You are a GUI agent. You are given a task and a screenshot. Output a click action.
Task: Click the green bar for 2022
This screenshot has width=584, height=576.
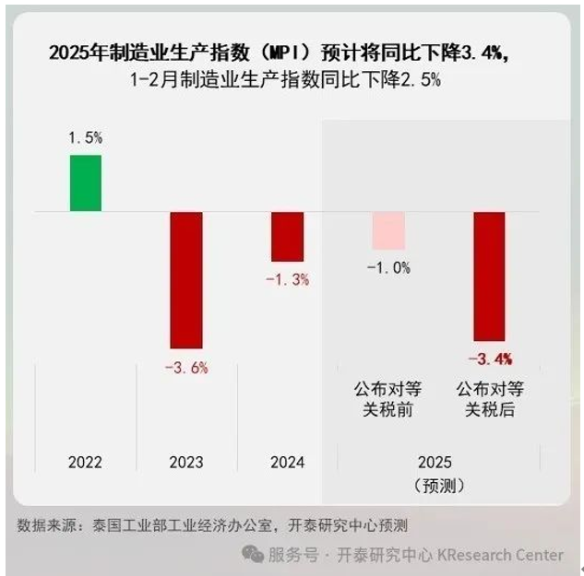tap(86, 183)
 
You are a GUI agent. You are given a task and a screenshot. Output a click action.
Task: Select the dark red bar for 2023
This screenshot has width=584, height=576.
tap(185, 279)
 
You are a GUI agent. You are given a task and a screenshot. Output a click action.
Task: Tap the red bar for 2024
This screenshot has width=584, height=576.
tap(287, 237)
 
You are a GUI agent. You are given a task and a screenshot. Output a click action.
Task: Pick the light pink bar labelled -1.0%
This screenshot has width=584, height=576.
tap(388, 230)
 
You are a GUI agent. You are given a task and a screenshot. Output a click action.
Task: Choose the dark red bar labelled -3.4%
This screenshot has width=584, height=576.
tap(489, 276)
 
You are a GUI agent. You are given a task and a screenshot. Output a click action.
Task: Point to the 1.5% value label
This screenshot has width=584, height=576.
tap(85, 138)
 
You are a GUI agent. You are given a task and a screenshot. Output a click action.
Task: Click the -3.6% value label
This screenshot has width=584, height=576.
tap(185, 368)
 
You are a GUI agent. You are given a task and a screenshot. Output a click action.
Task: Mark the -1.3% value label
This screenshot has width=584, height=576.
tap(287, 279)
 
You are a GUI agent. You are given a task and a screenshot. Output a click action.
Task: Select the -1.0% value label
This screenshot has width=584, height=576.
tap(388, 267)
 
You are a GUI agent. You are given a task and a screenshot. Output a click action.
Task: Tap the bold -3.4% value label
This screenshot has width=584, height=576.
tap(490, 359)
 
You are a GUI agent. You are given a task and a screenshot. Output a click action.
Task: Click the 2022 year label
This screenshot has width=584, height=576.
tap(85, 462)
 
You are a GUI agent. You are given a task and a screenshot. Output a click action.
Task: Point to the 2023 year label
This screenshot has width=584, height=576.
tap(186, 462)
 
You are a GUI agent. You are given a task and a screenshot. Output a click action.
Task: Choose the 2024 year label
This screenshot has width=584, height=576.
tap(287, 462)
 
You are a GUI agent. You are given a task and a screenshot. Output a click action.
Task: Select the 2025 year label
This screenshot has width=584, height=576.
tap(438, 462)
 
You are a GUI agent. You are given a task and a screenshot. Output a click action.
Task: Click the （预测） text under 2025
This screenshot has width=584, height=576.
tap(438, 484)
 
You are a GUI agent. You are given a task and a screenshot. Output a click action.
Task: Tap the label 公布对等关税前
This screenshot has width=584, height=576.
tap(388, 397)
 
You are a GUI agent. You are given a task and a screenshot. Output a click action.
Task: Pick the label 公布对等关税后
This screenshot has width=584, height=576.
tap(489, 397)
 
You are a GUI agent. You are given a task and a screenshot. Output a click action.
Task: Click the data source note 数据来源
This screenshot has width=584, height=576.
tap(50, 525)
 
